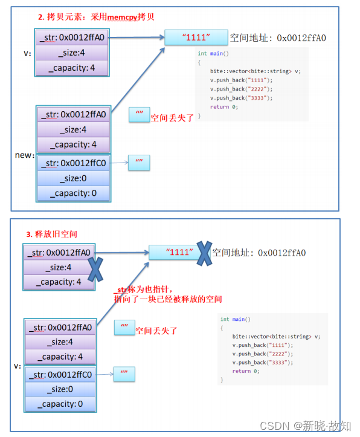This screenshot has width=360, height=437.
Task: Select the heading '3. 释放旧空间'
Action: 51,233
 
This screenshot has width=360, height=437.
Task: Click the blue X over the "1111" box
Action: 205,253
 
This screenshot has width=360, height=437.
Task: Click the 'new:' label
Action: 25,155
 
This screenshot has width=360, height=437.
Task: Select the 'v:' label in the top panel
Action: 27,53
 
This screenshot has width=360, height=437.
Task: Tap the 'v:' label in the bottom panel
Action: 18,366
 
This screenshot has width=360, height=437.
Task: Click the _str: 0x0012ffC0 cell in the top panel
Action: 73,163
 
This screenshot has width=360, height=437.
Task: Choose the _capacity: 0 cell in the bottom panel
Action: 60,404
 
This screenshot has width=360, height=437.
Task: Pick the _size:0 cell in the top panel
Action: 73,178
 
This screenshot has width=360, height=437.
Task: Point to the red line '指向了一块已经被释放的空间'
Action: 168,299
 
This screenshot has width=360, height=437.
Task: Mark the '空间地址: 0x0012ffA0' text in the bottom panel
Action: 260,253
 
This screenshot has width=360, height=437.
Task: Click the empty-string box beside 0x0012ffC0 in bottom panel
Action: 124,374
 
